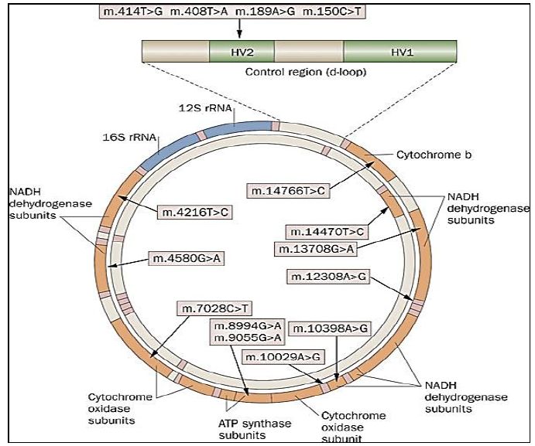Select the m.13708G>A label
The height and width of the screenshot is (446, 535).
click(x=315, y=248)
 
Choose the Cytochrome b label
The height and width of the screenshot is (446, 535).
click(x=434, y=155)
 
